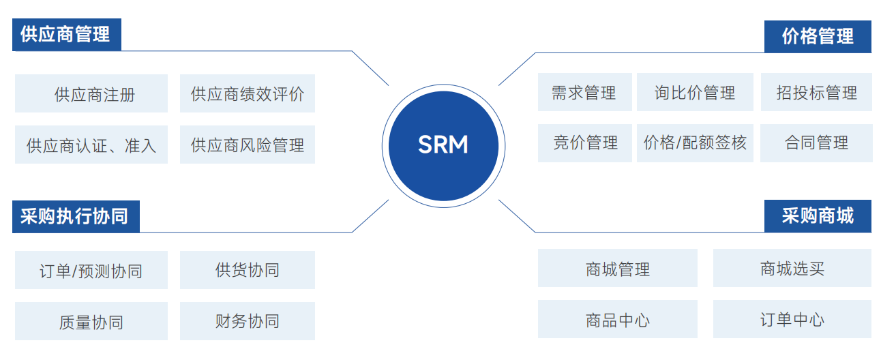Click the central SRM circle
pyautogui.click(x=443, y=145)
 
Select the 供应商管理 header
pyautogui.click(x=66, y=35)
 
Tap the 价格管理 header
pyautogui.click(x=817, y=36)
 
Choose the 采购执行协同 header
pyautogui.click(x=76, y=217)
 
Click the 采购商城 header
pyautogui.click(x=817, y=216)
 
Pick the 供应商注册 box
pyautogui.click(x=91, y=93)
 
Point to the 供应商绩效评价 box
pyautogui.click(x=248, y=93)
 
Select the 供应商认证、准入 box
pyautogui.click(x=91, y=145)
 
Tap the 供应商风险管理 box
pyautogui.click(x=248, y=145)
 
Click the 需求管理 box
pyautogui.click(x=584, y=92)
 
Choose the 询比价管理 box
pyautogui.click(x=695, y=92)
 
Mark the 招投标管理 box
pyautogui.click(x=816, y=92)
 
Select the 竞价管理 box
pyautogui.click(x=584, y=142)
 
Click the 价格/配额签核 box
pyautogui.click(x=695, y=142)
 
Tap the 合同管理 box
pyautogui.click(x=816, y=142)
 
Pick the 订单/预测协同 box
pyautogui.click(x=91, y=271)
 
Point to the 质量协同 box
pyautogui.click(x=91, y=321)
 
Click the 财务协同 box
pyautogui.click(x=248, y=321)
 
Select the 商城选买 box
pyautogui.click(x=792, y=268)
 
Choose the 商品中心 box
pyautogui.click(x=617, y=319)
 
